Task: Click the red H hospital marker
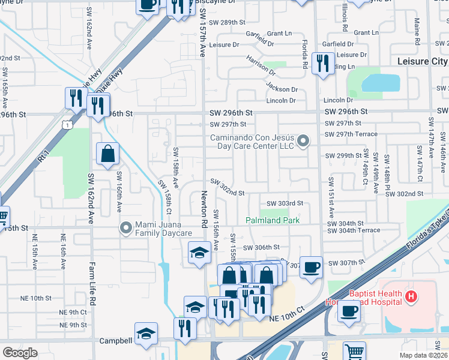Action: (x=411, y=296)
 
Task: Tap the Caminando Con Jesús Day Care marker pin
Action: (x=303, y=142)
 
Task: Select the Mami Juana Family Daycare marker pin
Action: (x=125, y=227)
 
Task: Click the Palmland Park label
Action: (x=273, y=220)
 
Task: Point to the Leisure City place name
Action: (x=423, y=62)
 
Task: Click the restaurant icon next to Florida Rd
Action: (x=323, y=64)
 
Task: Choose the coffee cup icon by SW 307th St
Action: (x=310, y=267)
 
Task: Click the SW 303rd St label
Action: (x=285, y=203)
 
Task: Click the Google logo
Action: (x=20, y=353)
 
